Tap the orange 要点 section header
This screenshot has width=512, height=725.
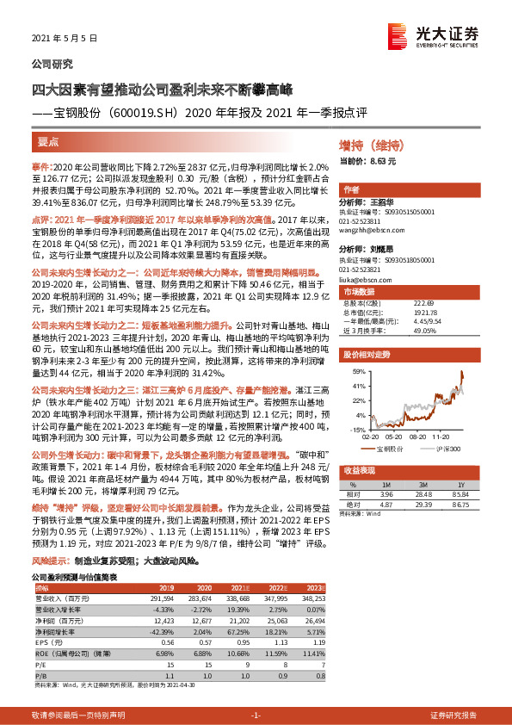(49, 141)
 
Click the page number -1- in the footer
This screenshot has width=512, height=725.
(255, 716)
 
